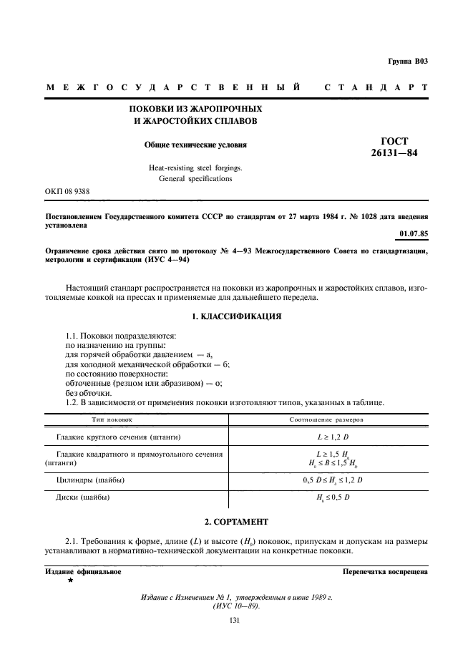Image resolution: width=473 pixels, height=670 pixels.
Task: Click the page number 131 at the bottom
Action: (x=235, y=621)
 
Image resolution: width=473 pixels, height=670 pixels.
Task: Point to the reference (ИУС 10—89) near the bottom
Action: (x=237, y=606)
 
